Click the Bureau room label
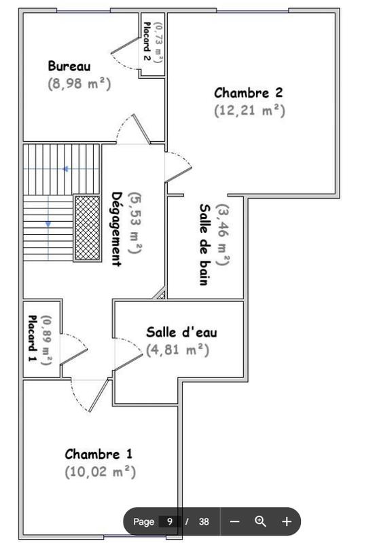pos(69,66)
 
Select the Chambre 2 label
pos(248,92)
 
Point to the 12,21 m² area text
pos(249,109)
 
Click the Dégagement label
pos(116,229)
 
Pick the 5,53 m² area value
pos(134,223)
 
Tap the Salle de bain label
pos(204,244)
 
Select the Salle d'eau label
pos(181,332)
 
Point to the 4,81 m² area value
pos(177,350)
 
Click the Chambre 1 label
pos(98,453)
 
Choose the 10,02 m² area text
pos(101,471)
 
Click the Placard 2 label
pos(147,41)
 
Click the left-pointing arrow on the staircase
pos(65,168)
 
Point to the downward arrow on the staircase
pos(48,223)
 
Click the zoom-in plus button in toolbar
pos(287,521)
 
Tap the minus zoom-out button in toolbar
pos(235,521)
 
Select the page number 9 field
pos(169,521)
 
